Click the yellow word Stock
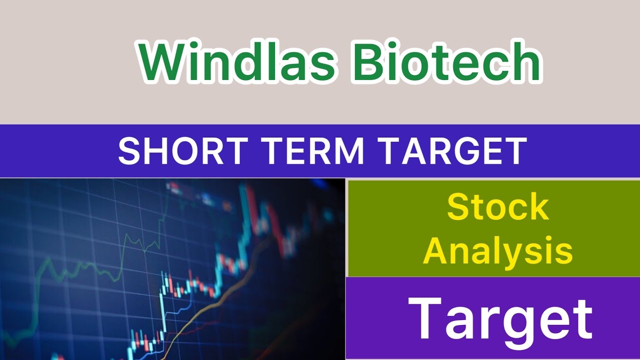(498, 207)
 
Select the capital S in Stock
(458, 207)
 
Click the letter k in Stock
(538, 207)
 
